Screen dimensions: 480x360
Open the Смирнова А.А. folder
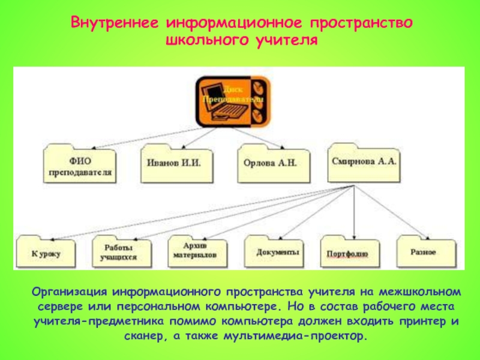pyautogui.click(x=364, y=163)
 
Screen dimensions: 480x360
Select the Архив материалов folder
pyautogui.click(x=195, y=251)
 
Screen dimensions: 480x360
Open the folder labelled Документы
pyautogui.click(x=278, y=252)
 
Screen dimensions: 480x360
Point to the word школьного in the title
pyautogui.click(x=203, y=41)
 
